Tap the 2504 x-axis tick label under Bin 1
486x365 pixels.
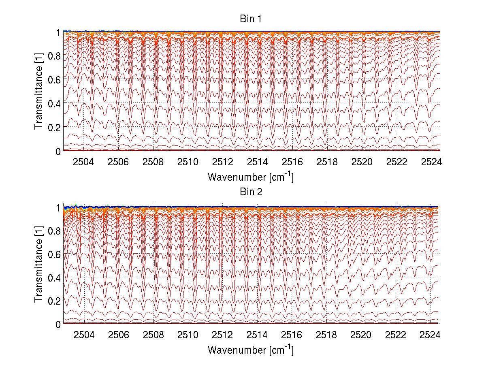83,162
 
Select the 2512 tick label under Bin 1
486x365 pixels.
223,162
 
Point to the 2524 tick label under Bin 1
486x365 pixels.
431,162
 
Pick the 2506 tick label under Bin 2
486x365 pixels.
119,335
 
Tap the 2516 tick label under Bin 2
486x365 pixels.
292,335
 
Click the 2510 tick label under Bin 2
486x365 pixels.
188,335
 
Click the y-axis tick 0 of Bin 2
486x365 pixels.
58,324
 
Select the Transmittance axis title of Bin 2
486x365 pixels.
39,265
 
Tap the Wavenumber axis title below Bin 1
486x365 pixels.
250,177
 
